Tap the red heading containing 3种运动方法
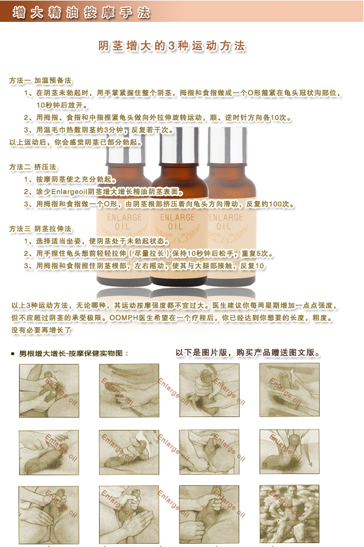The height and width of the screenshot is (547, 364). [172, 47]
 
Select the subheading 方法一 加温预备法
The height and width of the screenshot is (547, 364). [40, 80]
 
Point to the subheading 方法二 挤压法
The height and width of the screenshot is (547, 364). [32, 167]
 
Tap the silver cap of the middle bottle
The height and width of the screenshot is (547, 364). [177, 138]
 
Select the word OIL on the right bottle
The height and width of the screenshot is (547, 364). [224, 227]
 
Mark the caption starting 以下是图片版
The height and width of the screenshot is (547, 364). [248, 353]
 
